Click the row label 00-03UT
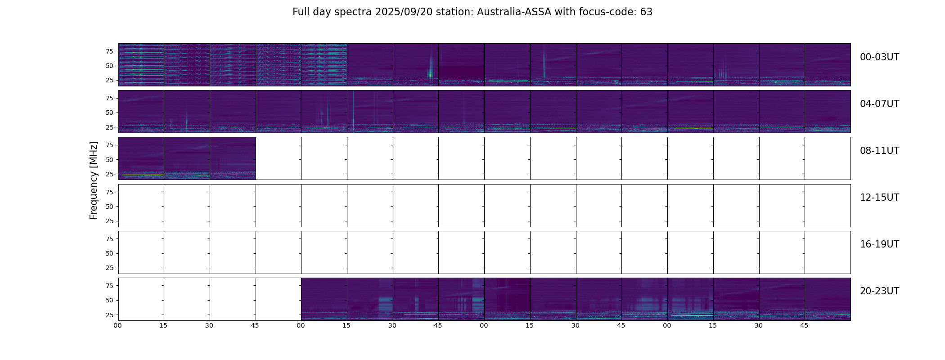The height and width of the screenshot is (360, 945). pyautogui.click(x=879, y=57)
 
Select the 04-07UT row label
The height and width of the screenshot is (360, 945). pyautogui.click(x=879, y=104)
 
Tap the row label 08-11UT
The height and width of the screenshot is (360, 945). pyautogui.click(x=879, y=151)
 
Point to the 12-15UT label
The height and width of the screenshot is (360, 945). pyautogui.click(x=879, y=198)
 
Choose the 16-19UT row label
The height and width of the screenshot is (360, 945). pyautogui.click(x=879, y=244)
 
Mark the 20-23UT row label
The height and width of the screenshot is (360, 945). pyautogui.click(x=879, y=291)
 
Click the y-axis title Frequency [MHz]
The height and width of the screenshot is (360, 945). pyautogui.click(x=94, y=180)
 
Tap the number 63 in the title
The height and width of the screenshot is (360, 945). pyautogui.click(x=646, y=12)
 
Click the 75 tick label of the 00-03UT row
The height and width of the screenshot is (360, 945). pyautogui.click(x=109, y=51)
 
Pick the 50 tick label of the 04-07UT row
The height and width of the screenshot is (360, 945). pyautogui.click(x=109, y=113)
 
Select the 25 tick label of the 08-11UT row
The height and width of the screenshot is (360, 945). pyautogui.click(x=109, y=174)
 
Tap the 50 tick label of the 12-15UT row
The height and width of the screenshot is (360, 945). pyautogui.click(x=109, y=207)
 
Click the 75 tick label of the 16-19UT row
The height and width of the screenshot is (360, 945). pyautogui.click(x=109, y=239)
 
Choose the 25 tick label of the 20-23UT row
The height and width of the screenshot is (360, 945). pyautogui.click(x=109, y=315)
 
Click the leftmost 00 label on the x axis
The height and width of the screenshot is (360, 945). pyautogui.click(x=118, y=325)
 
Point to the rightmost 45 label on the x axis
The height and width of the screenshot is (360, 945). pyautogui.click(x=804, y=325)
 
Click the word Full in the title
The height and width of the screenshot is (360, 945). pyautogui.click(x=301, y=12)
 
